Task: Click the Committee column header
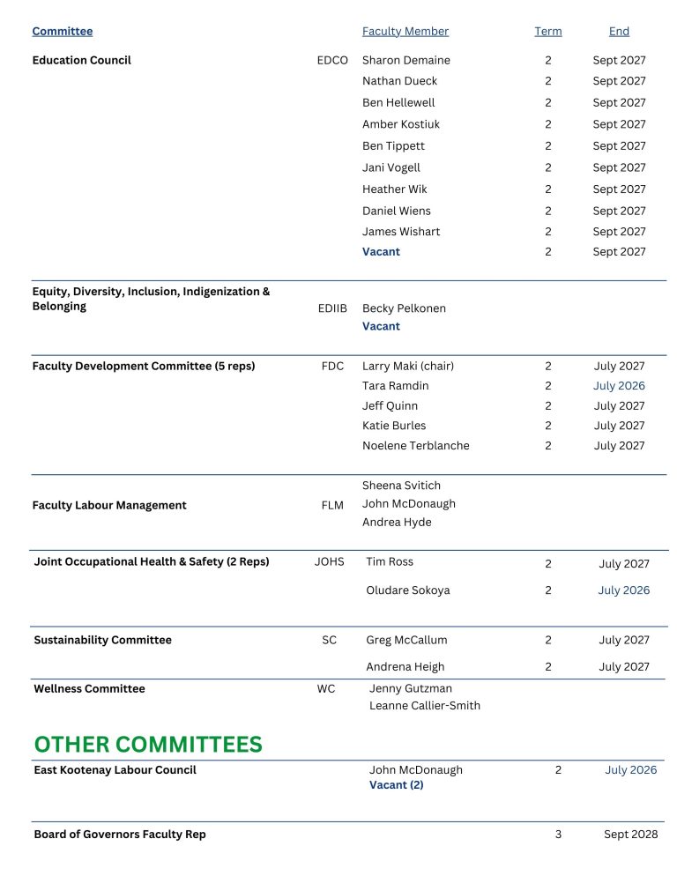63,32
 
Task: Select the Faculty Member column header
405,32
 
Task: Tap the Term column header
547,32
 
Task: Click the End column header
619,32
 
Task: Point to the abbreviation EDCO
332,61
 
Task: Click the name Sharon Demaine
406,61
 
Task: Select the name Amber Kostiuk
401,124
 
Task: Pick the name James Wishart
401,232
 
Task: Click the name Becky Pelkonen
404,308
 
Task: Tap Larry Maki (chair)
408,366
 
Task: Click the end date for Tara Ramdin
619,386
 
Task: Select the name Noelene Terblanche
416,446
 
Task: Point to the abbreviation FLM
332,506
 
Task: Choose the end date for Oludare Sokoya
624,590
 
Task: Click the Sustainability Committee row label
102,641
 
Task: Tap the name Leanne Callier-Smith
425,705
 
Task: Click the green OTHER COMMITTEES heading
148,745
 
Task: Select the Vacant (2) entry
397,785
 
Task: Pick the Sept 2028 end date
630,835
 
